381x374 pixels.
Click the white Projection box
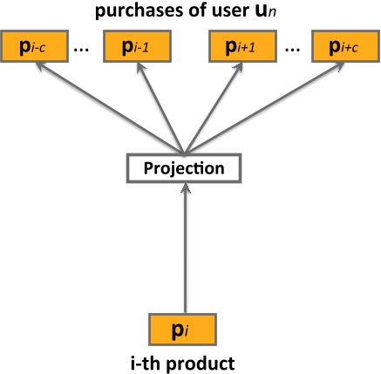[184, 168]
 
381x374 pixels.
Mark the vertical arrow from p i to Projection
[184, 253]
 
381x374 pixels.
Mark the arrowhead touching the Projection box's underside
[184, 190]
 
